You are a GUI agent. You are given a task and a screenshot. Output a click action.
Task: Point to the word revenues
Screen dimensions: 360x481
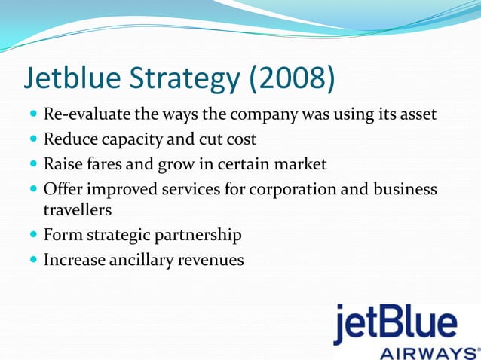pyautogui.click(x=210, y=261)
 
